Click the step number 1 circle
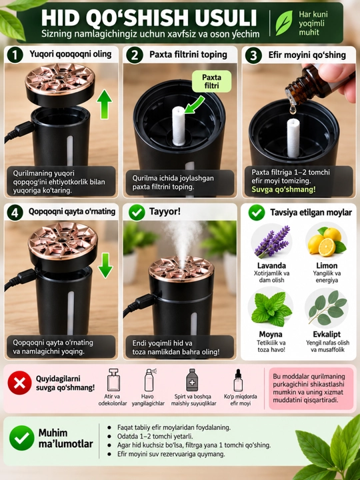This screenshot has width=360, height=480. [14, 55]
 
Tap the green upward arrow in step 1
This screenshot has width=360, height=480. [105, 105]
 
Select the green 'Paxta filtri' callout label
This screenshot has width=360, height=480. [211, 81]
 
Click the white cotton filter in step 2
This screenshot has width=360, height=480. [179, 125]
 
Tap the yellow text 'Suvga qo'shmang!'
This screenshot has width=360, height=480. [283, 189]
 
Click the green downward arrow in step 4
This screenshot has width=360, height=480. [105, 265]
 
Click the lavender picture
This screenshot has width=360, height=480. [272, 242]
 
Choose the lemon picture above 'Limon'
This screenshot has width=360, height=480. [326, 241]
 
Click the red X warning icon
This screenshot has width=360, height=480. [19, 383]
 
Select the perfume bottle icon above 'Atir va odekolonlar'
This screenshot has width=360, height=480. [113, 380]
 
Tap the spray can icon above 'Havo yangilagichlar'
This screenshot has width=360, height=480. [150, 380]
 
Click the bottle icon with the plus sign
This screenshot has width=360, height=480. [192, 380]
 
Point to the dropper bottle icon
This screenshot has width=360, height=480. [238, 380]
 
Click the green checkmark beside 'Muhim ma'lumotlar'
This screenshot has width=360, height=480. [22, 438]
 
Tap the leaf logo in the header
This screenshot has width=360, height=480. [284, 23]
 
